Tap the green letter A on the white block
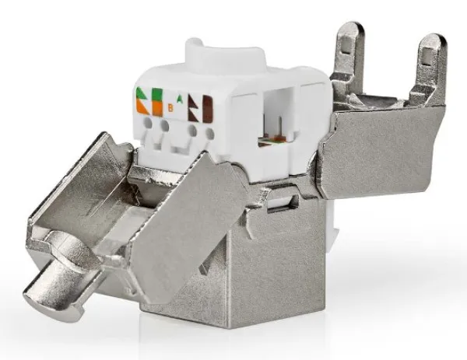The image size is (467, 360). coord(181,99)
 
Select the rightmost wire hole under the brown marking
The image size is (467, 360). coord(211,133)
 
